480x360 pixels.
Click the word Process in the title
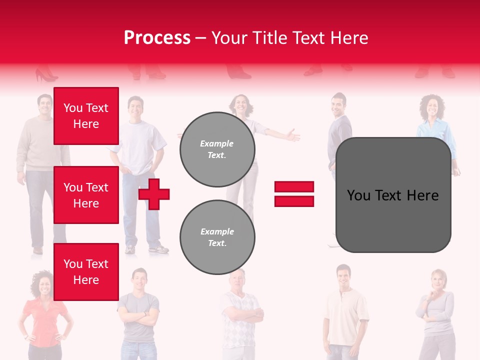157,38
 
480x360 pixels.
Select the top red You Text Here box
86,116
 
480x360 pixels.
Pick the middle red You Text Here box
86,195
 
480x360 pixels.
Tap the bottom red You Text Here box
86,271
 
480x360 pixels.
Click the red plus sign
154,194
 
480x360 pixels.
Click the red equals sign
294,194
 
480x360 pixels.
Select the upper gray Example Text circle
217,149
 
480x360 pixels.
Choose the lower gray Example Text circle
217,237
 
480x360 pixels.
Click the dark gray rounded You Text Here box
393,195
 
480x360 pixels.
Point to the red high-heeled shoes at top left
46,75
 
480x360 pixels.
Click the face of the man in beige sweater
44,105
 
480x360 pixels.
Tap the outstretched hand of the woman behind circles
291,135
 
